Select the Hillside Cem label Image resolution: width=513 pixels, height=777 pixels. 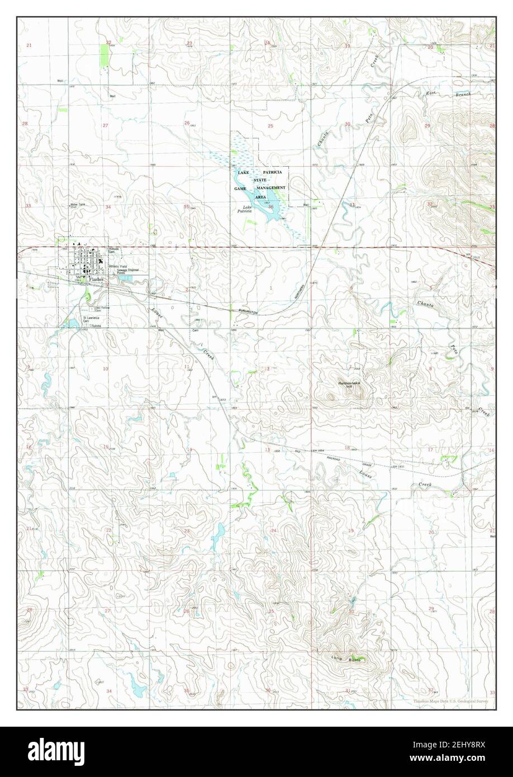tap(116, 251)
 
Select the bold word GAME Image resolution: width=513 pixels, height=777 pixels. tap(240, 189)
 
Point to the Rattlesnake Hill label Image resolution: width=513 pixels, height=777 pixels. tap(350, 384)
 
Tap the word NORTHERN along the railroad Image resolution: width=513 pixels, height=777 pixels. tap(302, 290)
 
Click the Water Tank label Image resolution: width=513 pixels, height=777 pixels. tap(78, 205)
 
